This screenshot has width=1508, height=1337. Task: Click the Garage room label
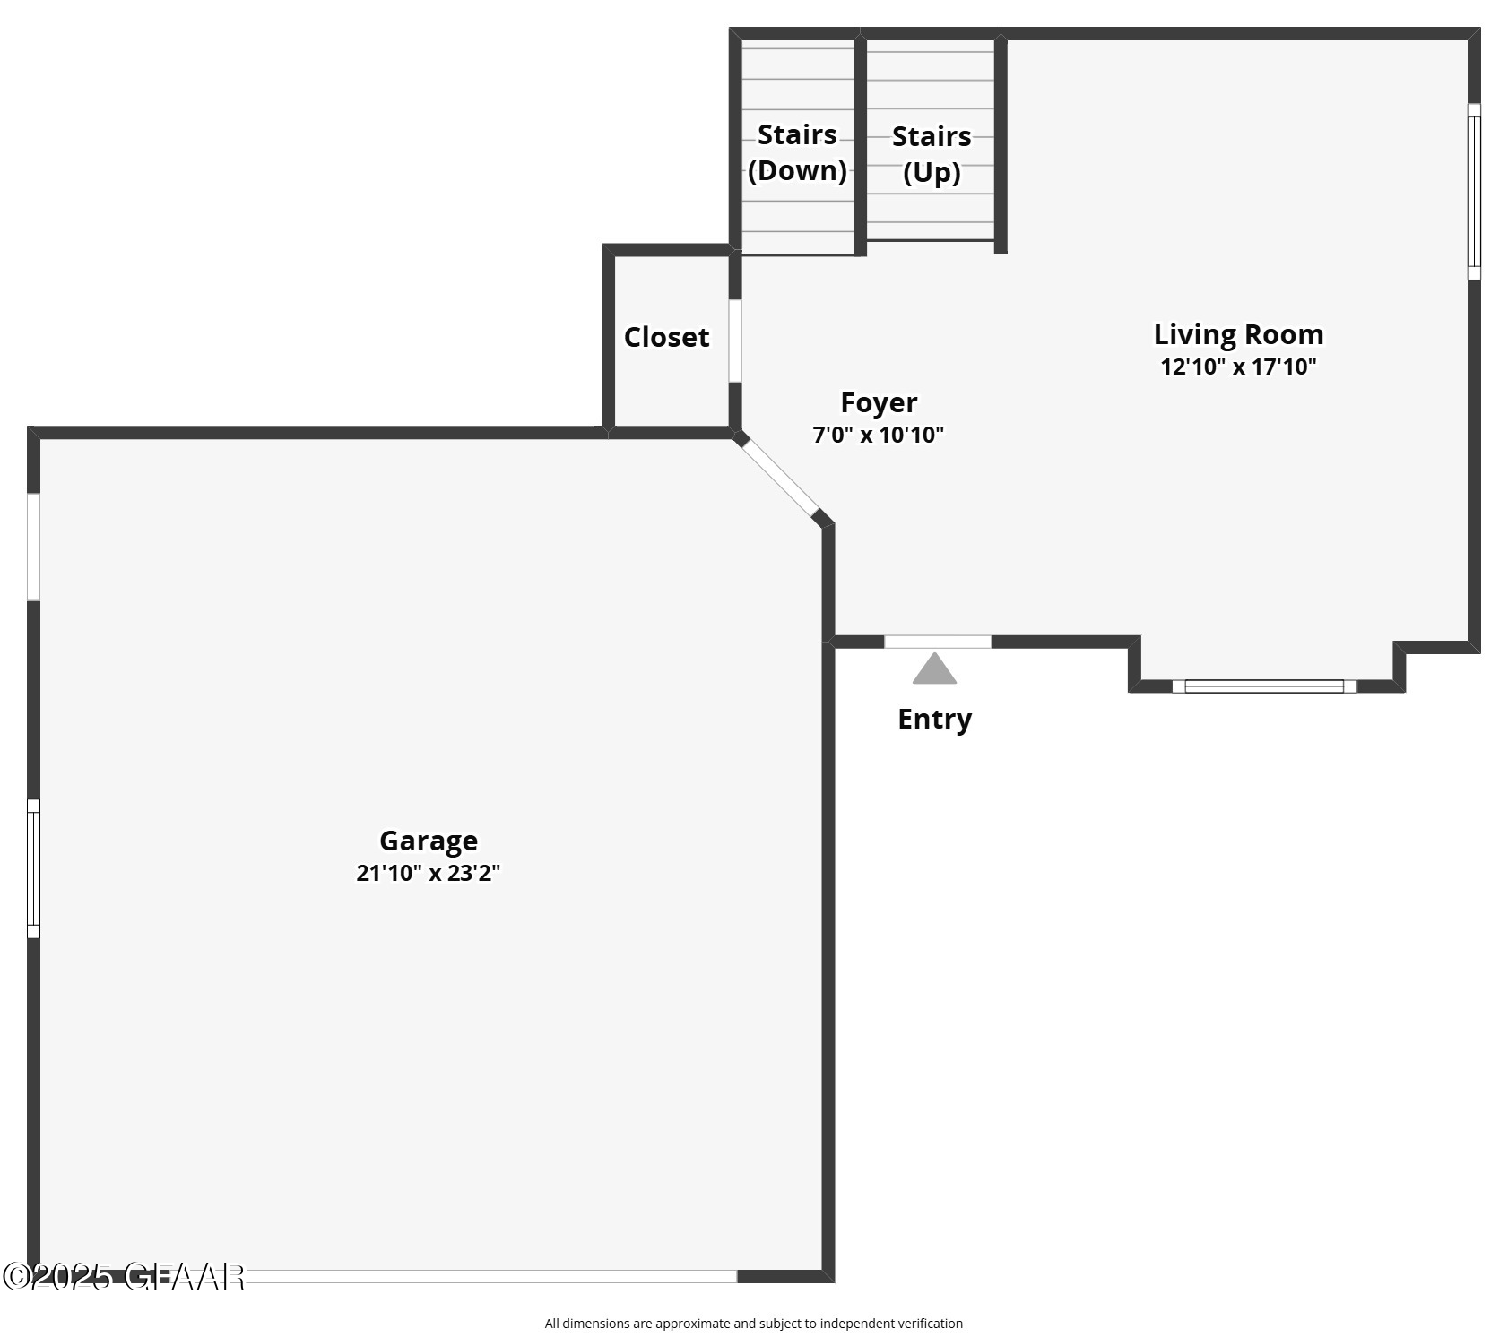coord(428,841)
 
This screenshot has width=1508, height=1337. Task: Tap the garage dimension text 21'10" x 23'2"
coord(428,873)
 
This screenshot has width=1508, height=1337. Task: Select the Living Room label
coord(1238,334)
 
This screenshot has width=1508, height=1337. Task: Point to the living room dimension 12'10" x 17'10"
coord(1238,367)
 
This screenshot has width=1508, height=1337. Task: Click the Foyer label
coord(879,402)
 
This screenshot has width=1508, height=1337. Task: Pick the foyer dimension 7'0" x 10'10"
coord(879,436)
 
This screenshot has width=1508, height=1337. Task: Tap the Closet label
coord(666,337)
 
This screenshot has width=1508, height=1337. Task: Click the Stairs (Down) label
coord(797,152)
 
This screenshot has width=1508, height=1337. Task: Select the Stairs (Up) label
coord(932,154)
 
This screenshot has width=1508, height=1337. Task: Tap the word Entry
coord(934,719)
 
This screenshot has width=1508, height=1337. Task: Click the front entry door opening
coord(938,642)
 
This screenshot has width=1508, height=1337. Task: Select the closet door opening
coord(735,341)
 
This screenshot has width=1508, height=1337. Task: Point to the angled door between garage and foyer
coord(779,479)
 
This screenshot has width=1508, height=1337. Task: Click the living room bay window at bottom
coord(1264,686)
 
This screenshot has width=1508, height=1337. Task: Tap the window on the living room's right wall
coord(1474,191)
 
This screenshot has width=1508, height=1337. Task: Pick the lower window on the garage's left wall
coord(33,868)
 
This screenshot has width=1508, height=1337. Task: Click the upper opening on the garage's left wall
coord(33,547)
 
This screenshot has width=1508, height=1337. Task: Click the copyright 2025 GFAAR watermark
coord(123,1276)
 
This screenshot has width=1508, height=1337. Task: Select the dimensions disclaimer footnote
coord(753,1323)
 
